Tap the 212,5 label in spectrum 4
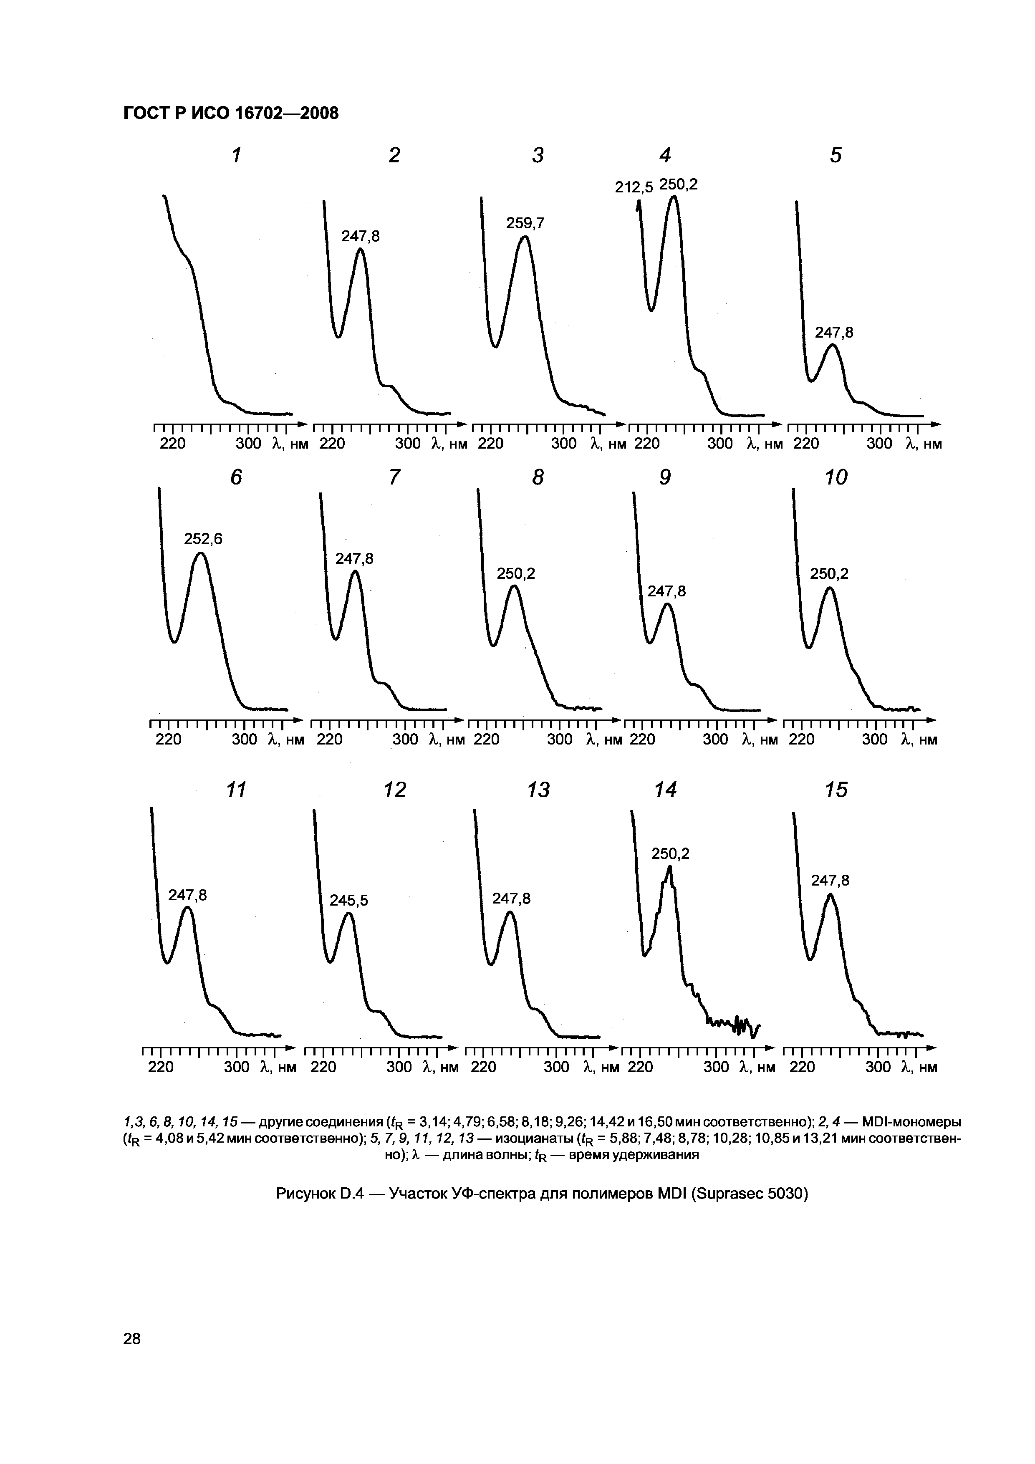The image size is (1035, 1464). pyautogui.click(x=634, y=187)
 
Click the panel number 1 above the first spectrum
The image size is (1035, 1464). pyautogui.click(x=237, y=155)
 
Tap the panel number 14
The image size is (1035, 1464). pyautogui.click(x=665, y=790)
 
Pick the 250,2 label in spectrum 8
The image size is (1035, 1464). pyautogui.click(x=515, y=574)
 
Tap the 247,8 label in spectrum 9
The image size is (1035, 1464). pyautogui.click(x=666, y=591)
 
